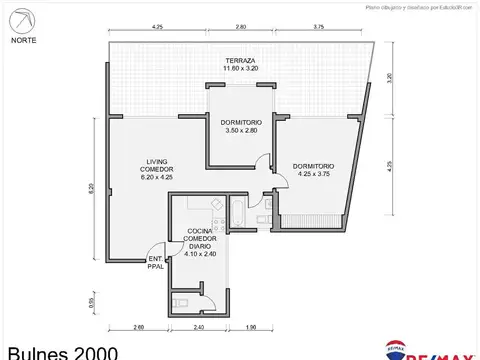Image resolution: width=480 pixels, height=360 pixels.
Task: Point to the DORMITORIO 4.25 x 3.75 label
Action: click(313, 170)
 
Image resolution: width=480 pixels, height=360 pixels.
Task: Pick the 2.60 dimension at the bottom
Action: click(137, 326)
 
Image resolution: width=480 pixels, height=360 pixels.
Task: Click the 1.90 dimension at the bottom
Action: click(251, 326)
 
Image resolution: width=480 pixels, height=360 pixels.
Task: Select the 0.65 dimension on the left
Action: click(91, 302)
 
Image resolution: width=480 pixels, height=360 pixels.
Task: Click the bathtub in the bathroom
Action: click(238, 212)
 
